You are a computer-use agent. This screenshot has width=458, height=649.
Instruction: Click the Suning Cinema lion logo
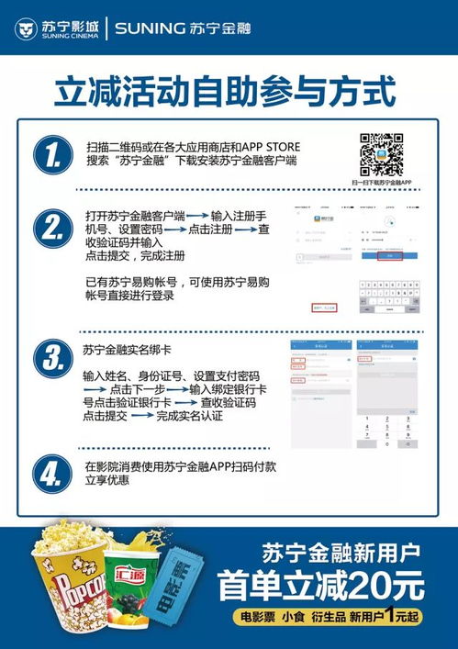coord(26,28)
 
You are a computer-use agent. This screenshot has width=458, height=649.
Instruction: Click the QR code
coord(381,154)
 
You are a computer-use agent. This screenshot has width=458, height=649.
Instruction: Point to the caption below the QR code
coord(381,184)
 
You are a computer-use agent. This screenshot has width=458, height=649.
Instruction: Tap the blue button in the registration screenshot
coord(392,258)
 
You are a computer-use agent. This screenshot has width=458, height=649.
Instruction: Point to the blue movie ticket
coord(187,587)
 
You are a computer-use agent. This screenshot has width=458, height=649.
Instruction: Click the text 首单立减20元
coord(321,585)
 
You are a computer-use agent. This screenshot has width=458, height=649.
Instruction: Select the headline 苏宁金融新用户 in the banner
coord(341,554)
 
